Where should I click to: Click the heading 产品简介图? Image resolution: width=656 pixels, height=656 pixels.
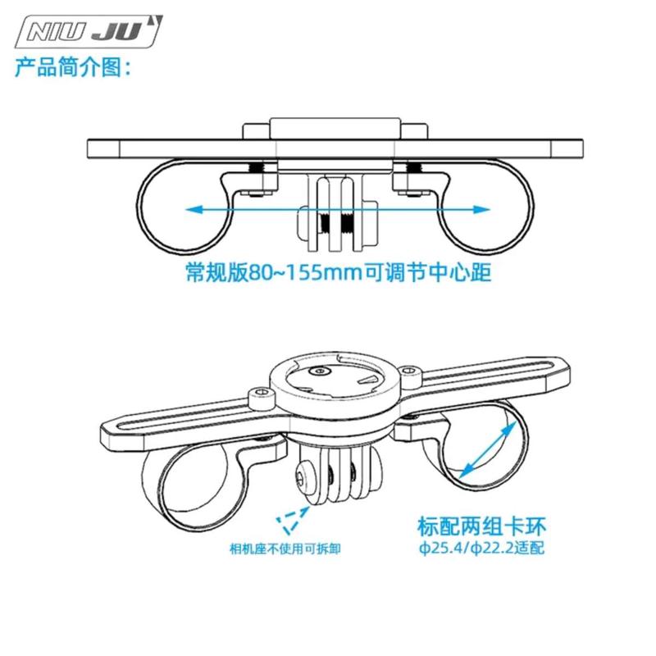coord(73,68)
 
